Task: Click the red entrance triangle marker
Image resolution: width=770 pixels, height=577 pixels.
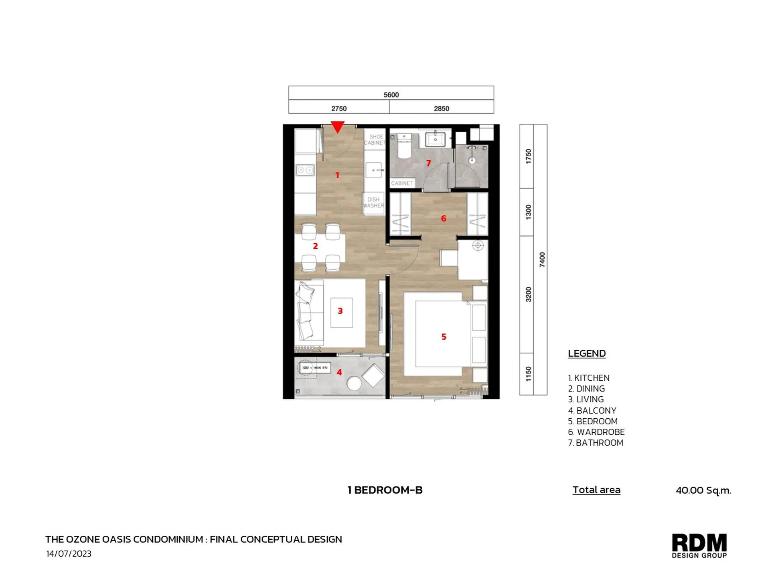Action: tap(338, 127)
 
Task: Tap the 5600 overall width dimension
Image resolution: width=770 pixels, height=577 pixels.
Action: tap(391, 95)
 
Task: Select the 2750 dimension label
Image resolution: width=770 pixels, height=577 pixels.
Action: tap(339, 109)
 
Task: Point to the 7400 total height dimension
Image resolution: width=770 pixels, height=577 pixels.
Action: tap(542, 260)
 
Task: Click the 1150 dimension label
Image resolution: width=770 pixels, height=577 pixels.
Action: tap(528, 374)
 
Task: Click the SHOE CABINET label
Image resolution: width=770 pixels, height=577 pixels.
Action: tap(375, 140)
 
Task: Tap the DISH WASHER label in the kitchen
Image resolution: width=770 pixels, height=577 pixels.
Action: tap(373, 202)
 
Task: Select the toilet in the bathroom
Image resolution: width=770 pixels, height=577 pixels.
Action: tap(403, 148)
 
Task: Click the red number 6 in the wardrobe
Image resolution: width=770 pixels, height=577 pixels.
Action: tap(443, 218)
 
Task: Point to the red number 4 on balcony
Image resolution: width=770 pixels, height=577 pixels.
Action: tap(339, 372)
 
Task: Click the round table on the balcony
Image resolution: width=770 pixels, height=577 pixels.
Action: tap(354, 383)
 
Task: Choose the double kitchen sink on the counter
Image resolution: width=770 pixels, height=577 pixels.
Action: tap(305, 170)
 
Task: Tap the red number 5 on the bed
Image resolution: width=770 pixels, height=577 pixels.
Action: tap(444, 337)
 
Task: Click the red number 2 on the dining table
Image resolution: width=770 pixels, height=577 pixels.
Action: tap(315, 246)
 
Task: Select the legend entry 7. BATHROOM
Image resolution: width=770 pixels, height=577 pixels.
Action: tap(596, 443)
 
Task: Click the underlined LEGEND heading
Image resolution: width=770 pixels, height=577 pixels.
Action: tap(587, 353)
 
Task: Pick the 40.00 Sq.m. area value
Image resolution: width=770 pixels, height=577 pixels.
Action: tap(703, 490)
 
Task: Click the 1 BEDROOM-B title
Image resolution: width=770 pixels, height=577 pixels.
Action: tap(385, 490)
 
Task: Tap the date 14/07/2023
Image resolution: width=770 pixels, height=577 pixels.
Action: tap(69, 554)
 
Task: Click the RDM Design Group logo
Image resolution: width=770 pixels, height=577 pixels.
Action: tap(699, 545)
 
